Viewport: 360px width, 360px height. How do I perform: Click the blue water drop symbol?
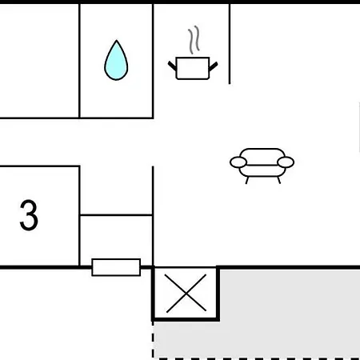pyautogui.click(x=116, y=61)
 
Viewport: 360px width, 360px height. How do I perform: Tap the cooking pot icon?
pyautogui.click(x=193, y=68)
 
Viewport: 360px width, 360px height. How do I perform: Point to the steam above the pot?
pyautogui.click(x=194, y=40)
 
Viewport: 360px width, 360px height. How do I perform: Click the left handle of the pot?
pyautogui.click(x=172, y=66)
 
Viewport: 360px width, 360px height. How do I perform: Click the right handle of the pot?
pyautogui.click(x=214, y=66)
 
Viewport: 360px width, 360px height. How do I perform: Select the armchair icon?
pyautogui.click(x=262, y=166)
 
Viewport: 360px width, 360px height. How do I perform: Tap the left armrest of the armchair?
pyautogui.click(x=238, y=162)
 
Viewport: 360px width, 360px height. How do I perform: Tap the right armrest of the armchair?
pyautogui.click(x=286, y=162)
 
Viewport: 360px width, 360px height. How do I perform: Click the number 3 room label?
pyautogui.click(x=29, y=215)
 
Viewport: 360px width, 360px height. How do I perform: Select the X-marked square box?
pyautogui.click(x=186, y=293)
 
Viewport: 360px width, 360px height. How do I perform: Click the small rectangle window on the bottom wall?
pyautogui.click(x=116, y=267)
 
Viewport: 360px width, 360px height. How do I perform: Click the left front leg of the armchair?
pyautogui.click(x=247, y=180)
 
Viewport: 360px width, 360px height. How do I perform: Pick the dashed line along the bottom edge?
pyautogui.click(x=257, y=358)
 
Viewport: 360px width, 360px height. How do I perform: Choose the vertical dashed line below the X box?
pyautogui.click(x=153, y=340)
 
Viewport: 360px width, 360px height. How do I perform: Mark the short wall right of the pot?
pyautogui.click(x=230, y=44)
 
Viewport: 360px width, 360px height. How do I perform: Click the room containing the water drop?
pyautogui.click(x=116, y=61)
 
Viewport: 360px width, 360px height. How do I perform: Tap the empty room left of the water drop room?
pyautogui.click(x=39, y=61)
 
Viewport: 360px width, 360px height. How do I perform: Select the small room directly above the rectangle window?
pyautogui.click(x=116, y=240)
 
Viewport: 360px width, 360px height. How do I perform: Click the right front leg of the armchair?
pyautogui.click(x=278, y=180)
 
